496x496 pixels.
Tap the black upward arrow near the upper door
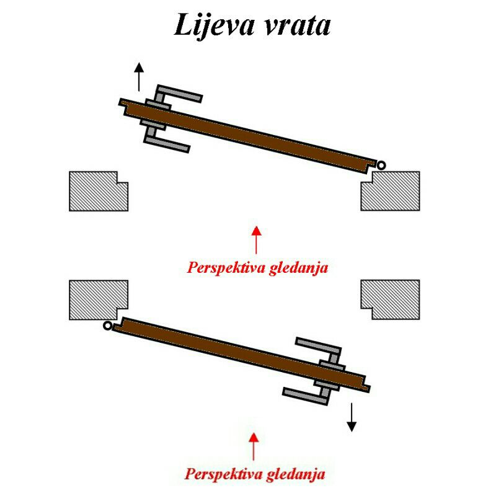pyautogui.click(x=139, y=76)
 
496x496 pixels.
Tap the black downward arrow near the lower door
pyautogui.click(x=352, y=417)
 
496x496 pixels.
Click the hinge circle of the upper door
pyautogui.click(x=381, y=164)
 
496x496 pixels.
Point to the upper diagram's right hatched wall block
pyautogui.click(x=392, y=191)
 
